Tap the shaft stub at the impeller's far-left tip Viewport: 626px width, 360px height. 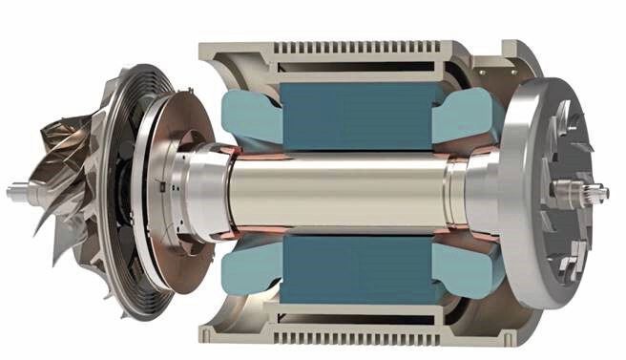(16, 192)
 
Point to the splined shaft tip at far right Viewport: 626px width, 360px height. (598, 195)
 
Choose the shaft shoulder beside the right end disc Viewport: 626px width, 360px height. (473, 187)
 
